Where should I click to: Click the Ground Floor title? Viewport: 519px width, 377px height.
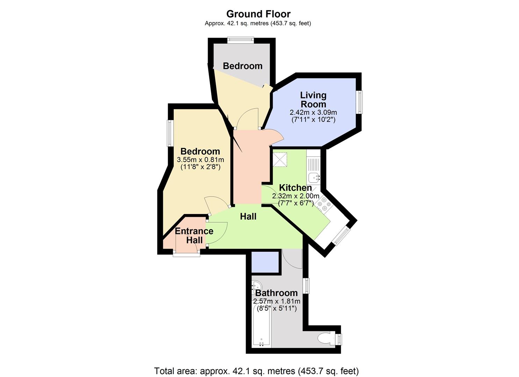point(258,14)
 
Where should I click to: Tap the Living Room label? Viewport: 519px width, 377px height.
point(313,99)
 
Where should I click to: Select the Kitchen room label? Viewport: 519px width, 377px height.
point(295,187)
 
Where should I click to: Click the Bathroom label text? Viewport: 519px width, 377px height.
point(276,293)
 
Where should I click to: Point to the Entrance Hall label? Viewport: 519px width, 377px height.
point(194,236)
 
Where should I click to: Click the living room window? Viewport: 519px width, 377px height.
point(359,102)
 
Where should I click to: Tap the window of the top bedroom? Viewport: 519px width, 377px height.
point(240,40)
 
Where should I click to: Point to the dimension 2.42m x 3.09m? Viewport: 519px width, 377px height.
point(313,112)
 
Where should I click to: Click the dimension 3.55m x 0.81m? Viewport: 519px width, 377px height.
point(200,160)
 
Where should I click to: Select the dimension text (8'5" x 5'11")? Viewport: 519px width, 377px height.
point(276,309)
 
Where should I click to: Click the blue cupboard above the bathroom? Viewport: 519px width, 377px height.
point(265,261)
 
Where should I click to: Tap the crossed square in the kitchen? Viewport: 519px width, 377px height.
point(280,160)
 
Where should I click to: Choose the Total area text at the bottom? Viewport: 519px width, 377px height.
point(257,371)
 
